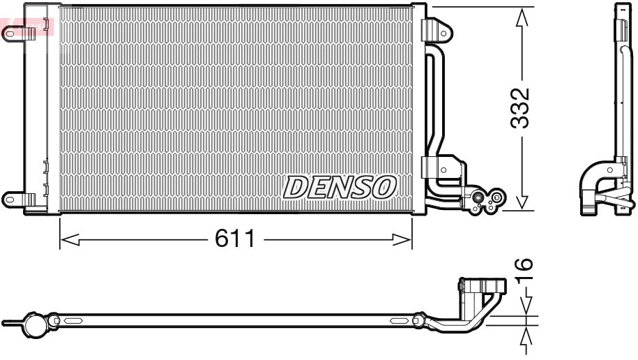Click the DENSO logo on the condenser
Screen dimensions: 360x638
(x=340, y=186)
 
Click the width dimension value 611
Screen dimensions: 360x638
(x=234, y=239)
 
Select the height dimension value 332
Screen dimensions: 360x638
(x=520, y=108)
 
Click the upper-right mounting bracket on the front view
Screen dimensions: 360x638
(x=438, y=30)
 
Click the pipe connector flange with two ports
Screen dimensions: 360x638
(x=486, y=200)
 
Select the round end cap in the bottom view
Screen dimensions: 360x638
(x=33, y=324)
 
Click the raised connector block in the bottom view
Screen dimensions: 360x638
(x=481, y=285)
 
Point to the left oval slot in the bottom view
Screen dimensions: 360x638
(x=73, y=320)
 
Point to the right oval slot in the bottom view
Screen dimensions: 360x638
(x=400, y=320)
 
